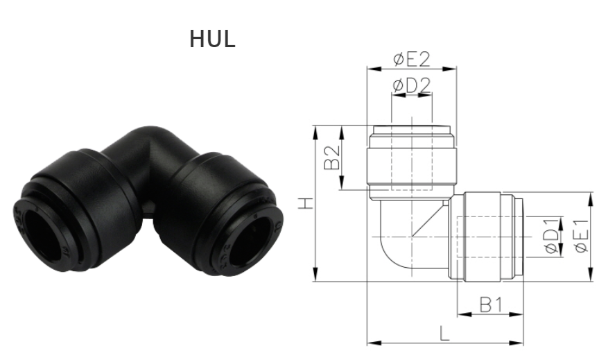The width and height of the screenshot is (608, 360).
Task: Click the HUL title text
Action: coord(212,39)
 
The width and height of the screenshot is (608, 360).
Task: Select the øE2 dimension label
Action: coord(411,59)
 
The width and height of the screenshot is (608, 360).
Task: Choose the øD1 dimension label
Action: coord(550,237)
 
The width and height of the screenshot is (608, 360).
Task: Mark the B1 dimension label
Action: coord(490,304)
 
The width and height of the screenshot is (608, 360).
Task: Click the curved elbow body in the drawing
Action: coord(402,239)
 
